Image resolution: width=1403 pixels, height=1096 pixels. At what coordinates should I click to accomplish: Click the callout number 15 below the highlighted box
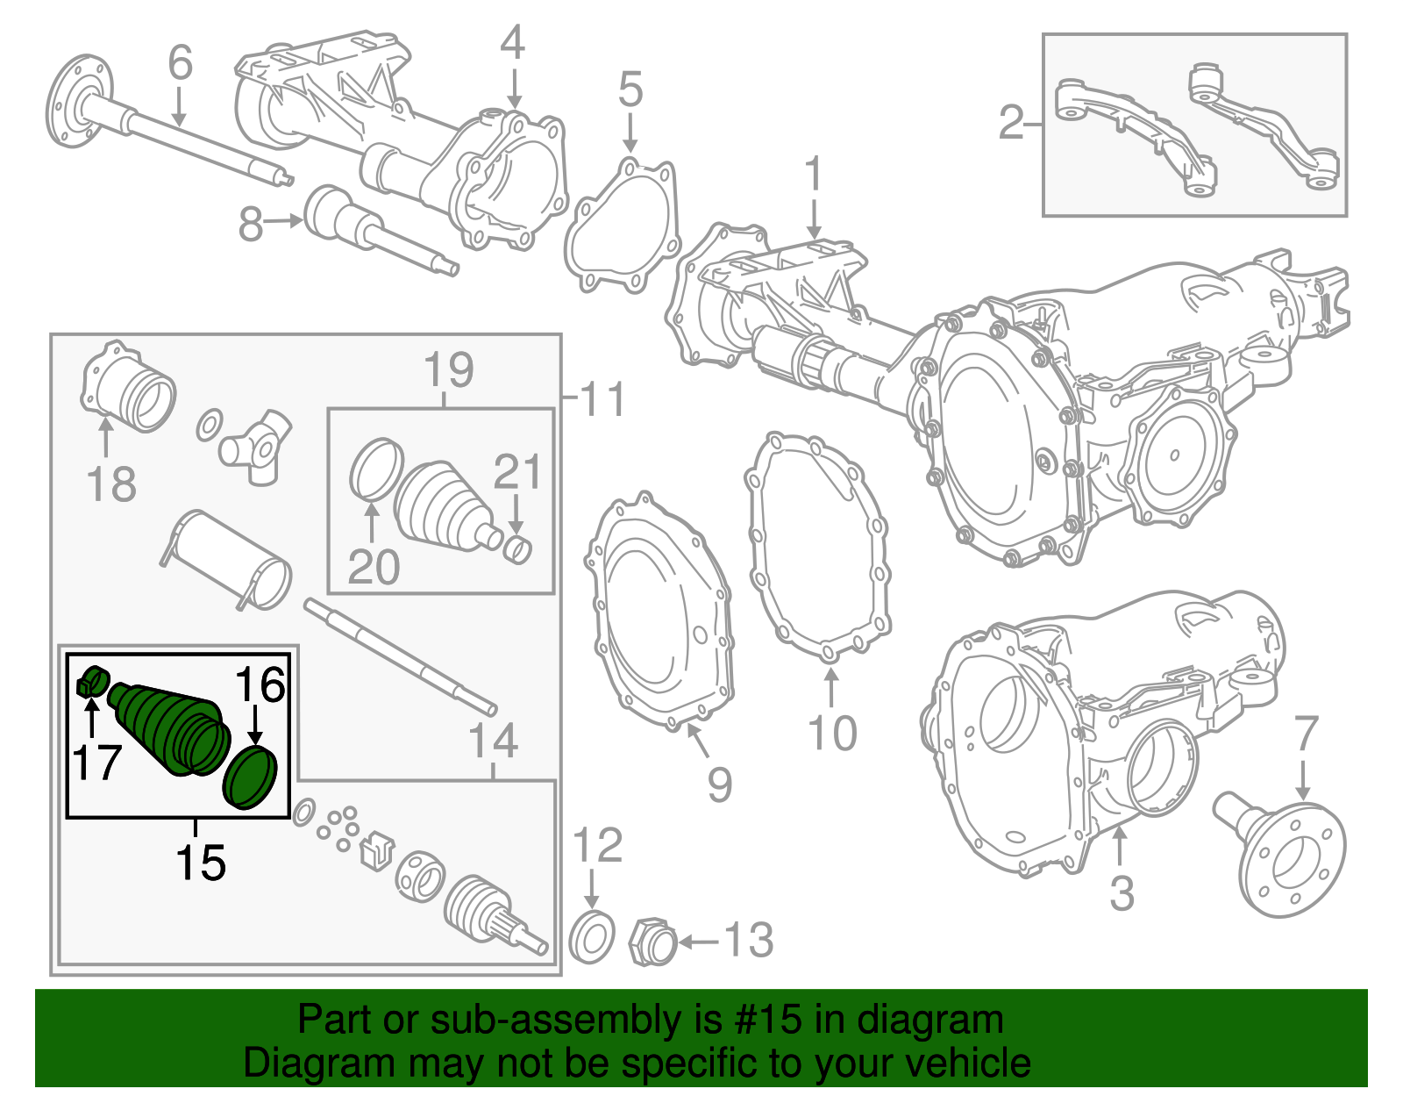coord(201,862)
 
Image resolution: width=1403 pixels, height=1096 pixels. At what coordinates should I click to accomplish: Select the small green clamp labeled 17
coord(92,682)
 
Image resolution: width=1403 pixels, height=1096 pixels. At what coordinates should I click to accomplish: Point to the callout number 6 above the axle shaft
coord(180,63)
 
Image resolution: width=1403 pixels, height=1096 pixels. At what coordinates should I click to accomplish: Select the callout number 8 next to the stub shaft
coord(251,225)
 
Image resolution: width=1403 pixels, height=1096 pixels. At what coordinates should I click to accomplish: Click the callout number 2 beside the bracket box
coord(1011,123)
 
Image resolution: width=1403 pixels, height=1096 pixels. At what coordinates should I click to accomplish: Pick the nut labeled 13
coord(652,943)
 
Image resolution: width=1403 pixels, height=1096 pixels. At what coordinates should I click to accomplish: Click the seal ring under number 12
coord(591,938)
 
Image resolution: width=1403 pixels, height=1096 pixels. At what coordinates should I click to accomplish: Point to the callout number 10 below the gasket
coord(832,733)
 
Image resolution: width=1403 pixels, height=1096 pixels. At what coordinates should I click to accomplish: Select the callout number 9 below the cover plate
coord(719,784)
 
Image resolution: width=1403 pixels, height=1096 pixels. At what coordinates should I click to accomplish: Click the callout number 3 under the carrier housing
coord(1122,893)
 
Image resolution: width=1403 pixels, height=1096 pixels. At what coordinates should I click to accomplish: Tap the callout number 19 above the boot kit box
coord(449,369)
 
